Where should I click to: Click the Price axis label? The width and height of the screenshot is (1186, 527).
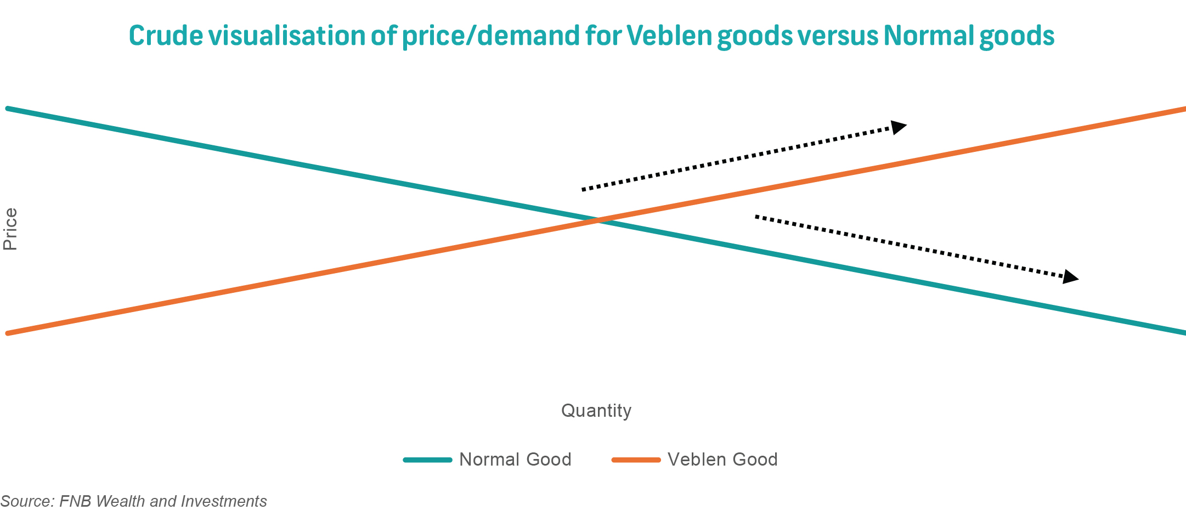(10, 229)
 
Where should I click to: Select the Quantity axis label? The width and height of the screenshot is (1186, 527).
(596, 410)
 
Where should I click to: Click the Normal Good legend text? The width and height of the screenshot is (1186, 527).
(515, 459)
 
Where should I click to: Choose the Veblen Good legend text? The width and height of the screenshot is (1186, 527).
(722, 459)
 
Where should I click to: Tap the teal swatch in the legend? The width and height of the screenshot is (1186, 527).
(428, 460)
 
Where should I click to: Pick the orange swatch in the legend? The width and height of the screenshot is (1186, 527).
(636, 460)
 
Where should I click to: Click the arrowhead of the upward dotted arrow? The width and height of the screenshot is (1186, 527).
(899, 127)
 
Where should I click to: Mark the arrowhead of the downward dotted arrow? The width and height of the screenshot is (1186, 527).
(1070, 277)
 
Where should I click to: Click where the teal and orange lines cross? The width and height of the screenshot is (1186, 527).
(598, 220)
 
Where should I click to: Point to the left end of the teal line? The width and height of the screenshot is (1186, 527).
(8, 109)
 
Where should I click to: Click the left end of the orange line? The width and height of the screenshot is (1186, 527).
(8, 333)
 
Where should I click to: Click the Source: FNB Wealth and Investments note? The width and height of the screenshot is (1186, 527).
(133, 501)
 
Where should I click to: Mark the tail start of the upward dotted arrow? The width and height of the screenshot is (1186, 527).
(583, 190)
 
